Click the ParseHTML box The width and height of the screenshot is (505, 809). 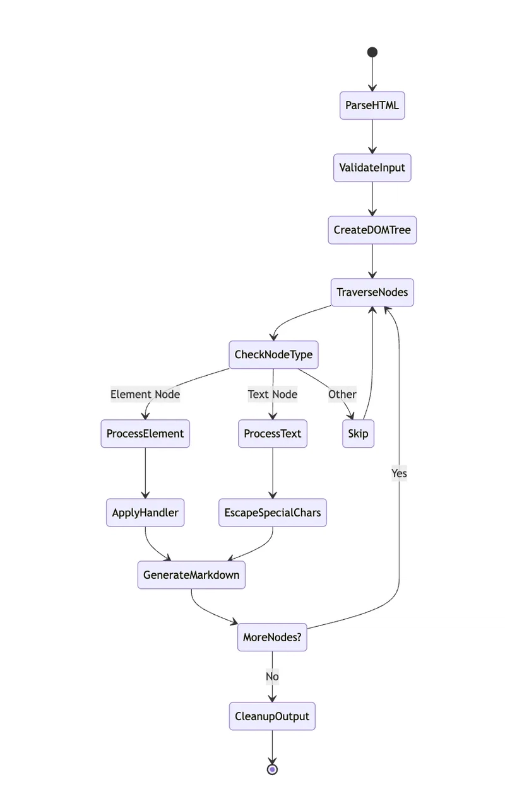[372, 105]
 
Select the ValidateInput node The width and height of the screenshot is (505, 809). [372, 168]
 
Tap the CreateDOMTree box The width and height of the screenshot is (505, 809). [372, 230]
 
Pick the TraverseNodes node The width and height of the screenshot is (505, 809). [372, 292]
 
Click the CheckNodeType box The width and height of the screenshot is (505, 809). [274, 354]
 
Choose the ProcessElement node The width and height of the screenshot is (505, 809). [145, 433]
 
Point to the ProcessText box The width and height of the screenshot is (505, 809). [273, 433]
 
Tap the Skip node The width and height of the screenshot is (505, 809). [359, 433]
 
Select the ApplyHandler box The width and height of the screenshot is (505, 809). [145, 513]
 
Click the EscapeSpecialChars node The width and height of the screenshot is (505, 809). [273, 513]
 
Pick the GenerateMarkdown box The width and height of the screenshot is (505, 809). [191, 575]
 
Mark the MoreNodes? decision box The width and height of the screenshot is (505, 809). [272, 637]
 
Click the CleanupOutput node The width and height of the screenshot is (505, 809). [272, 716]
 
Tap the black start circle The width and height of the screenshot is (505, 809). [372, 52]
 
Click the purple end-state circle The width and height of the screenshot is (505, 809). [272, 770]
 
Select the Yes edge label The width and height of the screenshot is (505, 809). [399, 473]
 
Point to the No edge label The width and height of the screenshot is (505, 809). [272, 677]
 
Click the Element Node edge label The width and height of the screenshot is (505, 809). [145, 394]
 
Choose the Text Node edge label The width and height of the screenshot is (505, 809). [273, 394]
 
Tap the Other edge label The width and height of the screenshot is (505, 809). [342, 394]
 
